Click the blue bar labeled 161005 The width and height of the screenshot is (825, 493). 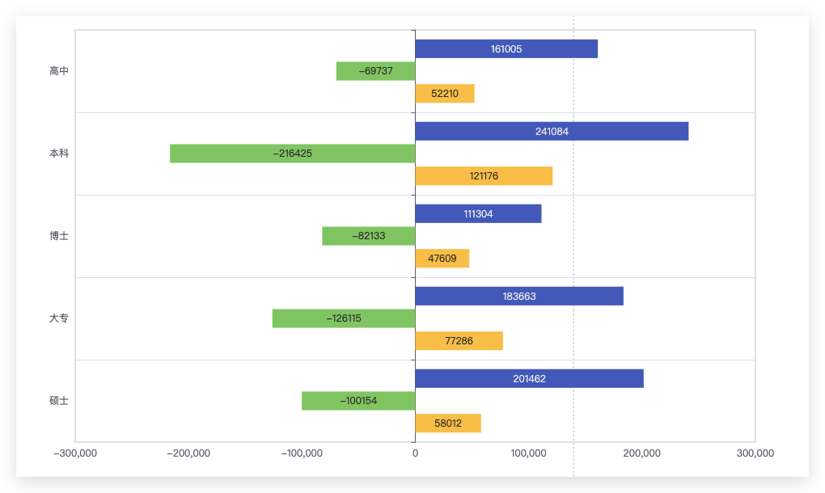tap(506, 48)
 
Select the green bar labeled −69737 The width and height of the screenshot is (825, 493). tap(375, 71)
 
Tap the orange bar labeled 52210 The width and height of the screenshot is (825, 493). tap(445, 94)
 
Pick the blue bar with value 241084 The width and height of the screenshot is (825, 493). tap(552, 132)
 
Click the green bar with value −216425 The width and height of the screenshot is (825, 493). tap(293, 154)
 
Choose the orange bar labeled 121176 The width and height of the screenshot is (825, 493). tap(484, 176)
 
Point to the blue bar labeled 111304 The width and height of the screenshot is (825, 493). tap(478, 214)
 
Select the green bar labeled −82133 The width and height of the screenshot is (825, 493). tap(368, 236)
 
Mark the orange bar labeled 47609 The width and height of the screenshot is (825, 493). tap(442, 259)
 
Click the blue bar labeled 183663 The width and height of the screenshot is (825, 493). tap(519, 297)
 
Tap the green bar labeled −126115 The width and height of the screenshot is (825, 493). tap(344, 318)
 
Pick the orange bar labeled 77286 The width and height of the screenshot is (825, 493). tap(459, 341)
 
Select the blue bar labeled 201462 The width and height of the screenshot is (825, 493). tap(529, 379)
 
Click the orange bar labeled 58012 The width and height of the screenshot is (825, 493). tap(448, 423)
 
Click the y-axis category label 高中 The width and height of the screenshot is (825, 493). tap(59, 71)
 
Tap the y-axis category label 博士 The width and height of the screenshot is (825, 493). tap(59, 236)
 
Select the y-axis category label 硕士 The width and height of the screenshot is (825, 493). tap(59, 401)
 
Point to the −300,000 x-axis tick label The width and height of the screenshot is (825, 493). tap(75, 453)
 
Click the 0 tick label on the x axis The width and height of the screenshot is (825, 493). tap(415, 453)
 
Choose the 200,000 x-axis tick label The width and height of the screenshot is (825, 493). tap(642, 453)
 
